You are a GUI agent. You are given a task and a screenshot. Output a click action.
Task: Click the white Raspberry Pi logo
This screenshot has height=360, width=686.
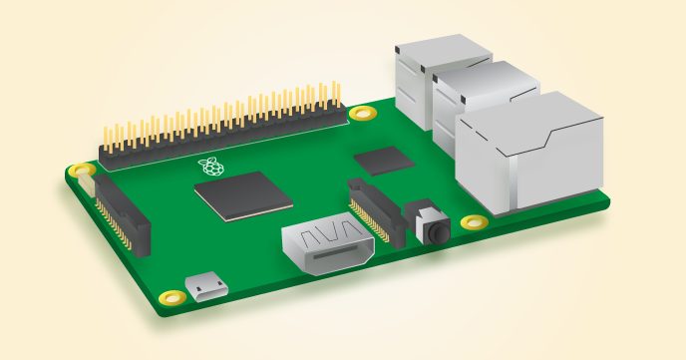coord(208,166)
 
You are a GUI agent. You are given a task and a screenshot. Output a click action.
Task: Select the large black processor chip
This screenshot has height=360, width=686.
coord(243,193)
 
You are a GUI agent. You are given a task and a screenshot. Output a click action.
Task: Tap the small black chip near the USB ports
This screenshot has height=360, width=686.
coord(384,159)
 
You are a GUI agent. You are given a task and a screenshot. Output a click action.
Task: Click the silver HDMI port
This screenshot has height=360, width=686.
coord(328,247)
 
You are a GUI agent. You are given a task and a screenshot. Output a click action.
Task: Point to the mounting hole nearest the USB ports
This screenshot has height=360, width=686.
coord(363,112)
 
